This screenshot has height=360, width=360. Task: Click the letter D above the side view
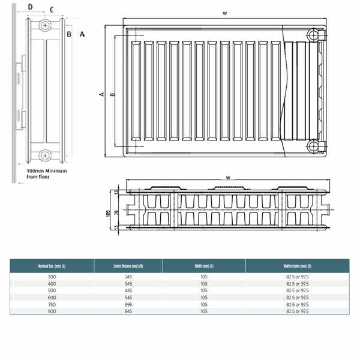click(x=31, y=8)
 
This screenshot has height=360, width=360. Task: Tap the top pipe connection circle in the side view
click(x=46, y=26)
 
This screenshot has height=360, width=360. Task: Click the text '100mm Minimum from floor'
click(x=47, y=174)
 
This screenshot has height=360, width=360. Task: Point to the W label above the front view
click(x=224, y=13)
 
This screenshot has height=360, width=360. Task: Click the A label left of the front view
click(x=102, y=94)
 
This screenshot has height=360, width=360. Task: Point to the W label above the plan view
click(x=227, y=177)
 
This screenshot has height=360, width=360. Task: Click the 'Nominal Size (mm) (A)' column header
click(x=52, y=266)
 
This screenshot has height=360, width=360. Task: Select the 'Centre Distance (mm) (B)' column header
click(x=128, y=266)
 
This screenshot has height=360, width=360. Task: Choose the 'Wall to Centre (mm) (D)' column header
click(x=298, y=266)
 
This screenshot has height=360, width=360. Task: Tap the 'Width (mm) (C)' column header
click(x=204, y=266)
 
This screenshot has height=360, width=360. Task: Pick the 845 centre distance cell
click(x=128, y=311)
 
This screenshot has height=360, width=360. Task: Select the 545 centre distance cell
click(x=128, y=297)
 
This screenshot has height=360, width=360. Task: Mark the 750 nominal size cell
click(x=52, y=304)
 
